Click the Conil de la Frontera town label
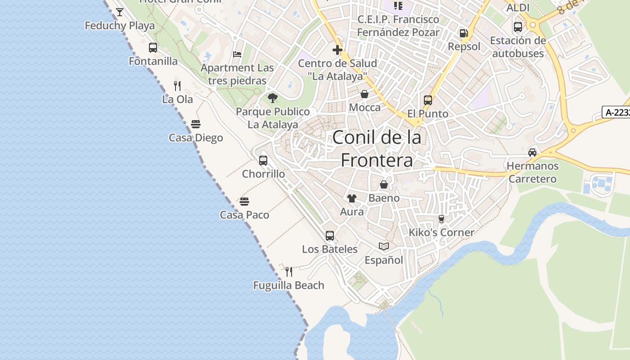(x=377, y=148)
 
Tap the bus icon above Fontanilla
(x=153, y=48)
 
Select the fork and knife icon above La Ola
(x=177, y=85)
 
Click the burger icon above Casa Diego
(x=196, y=124)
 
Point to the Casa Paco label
(x=244, y=215)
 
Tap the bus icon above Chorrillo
(x=263, y=160)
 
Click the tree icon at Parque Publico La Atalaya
(x=273, y=98)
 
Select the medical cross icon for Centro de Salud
(x=337, y=49)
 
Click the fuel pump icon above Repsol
(x=463, y=33)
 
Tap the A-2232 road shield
(x=616, y=112)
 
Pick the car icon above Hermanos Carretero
(x=532, y=152)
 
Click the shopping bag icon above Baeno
(x=384, y=184)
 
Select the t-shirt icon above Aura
(x=352, y=198)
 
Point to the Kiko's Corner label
(x=441, y=233)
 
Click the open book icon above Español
(x=384, y=246)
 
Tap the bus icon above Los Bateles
(x=330, y=235)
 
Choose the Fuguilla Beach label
(x=288, y=285)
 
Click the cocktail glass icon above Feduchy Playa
(x=120, y=12)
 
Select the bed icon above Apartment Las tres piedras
(x=237, y=54)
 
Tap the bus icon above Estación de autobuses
(x=518, y=27)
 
